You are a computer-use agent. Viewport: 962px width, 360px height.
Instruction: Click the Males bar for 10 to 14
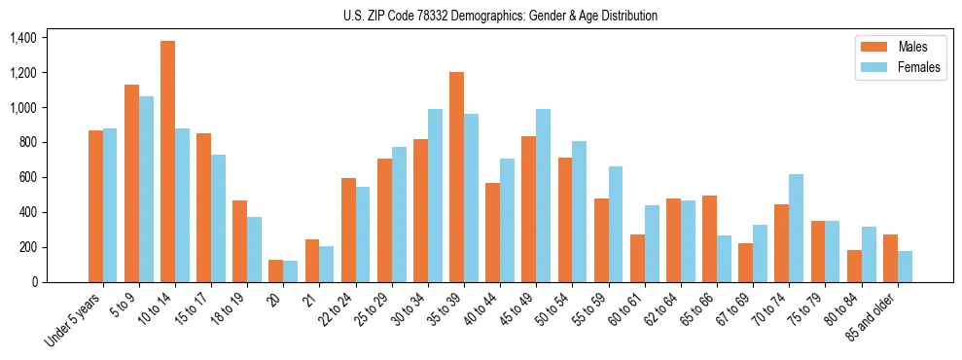pos(168,162)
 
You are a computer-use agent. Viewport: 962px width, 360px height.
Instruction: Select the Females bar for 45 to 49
pos(544,196)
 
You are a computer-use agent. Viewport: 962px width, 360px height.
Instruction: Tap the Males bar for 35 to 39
pos(457,177)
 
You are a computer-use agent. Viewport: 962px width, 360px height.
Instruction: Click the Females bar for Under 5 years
pos(110,205)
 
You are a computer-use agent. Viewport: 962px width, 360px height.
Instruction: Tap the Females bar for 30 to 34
pos(435,196)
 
